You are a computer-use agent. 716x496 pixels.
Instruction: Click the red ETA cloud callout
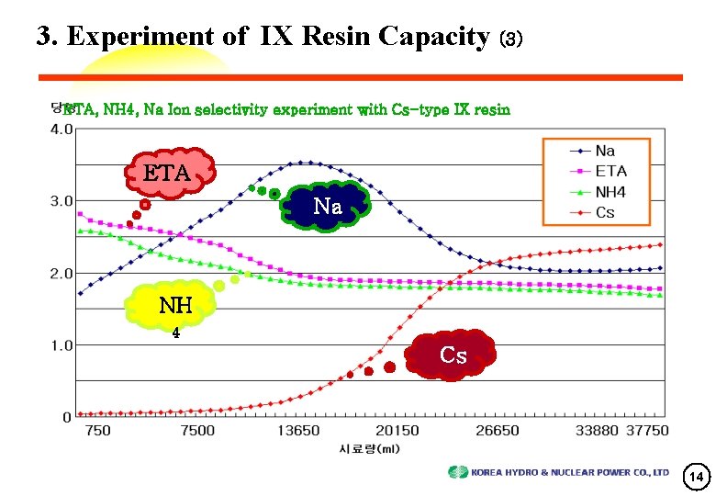click(x=167, y=172)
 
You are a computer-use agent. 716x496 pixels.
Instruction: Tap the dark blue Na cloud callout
click(x=328, y=207)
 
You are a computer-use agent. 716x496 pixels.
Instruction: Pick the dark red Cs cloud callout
click(x=453, y=354)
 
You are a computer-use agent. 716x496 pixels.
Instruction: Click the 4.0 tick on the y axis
click(x=62, y=130)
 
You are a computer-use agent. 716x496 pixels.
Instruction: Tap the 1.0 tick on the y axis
click(x=62, y=345)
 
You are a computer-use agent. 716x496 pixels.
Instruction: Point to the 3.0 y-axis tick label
click(x=62, y=201)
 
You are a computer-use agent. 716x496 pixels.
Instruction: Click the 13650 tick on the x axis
click(x=299, y=431)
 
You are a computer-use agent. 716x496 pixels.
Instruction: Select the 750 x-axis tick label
click(x=97, y=431)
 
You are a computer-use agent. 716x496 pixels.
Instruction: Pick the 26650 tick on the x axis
click(x=498, y=431)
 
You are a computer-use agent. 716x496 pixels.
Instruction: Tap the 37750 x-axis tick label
click(x=646, y=431)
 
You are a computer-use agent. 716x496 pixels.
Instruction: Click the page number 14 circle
click(x=697, y=477)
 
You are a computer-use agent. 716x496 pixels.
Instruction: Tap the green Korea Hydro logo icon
click(x=457, y=472)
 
